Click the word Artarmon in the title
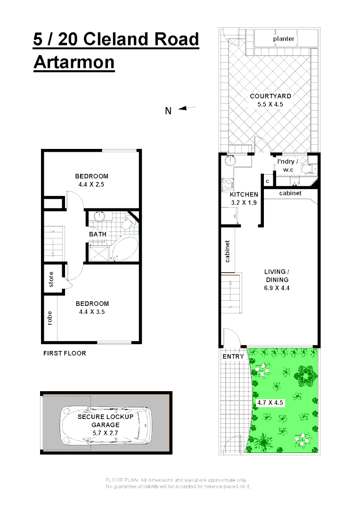click(x=74, y=62)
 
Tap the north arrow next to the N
click(x=187, y=108)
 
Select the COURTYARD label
click(x=270, y=96)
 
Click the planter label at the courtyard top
click(x=284, y=39)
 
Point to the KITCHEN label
click(x=244, y=195)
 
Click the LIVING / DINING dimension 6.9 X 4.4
click(x=276, y=287)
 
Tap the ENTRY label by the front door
click(x=233, y=356)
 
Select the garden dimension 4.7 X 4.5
click(x=270, y=403)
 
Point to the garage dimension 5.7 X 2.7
click(x=106, y=432)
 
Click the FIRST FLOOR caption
click(x=65, y=353)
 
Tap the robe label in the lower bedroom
click(x=49, y=319)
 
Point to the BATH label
click(x=98, y=234)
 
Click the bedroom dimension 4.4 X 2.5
click(x=91, y=184)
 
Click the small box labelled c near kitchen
click(x=268, y=181)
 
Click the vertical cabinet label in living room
click(x=227, y=251)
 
